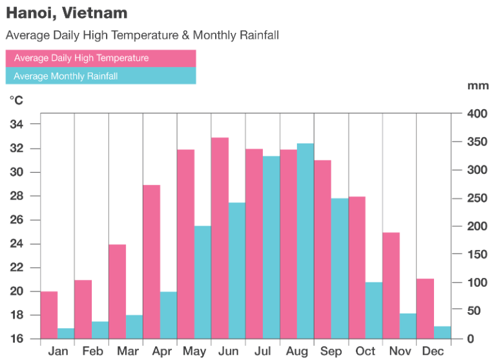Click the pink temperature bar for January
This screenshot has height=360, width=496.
(x=49, y=315)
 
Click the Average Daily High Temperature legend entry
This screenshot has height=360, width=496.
(x=100, y=58)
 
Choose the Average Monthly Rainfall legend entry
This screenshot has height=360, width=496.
(x=100, y=76)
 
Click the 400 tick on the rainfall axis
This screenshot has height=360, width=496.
(x=478, y=114)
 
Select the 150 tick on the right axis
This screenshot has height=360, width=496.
(x=478, y=254)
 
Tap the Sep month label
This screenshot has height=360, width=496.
(x=331, y=351)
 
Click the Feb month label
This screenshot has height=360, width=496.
(x=92, y=351)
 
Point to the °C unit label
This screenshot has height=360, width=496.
(x=15, y=100)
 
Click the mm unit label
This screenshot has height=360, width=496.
(x=479, y=85)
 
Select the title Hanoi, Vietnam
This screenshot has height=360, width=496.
(x=67, y=13)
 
